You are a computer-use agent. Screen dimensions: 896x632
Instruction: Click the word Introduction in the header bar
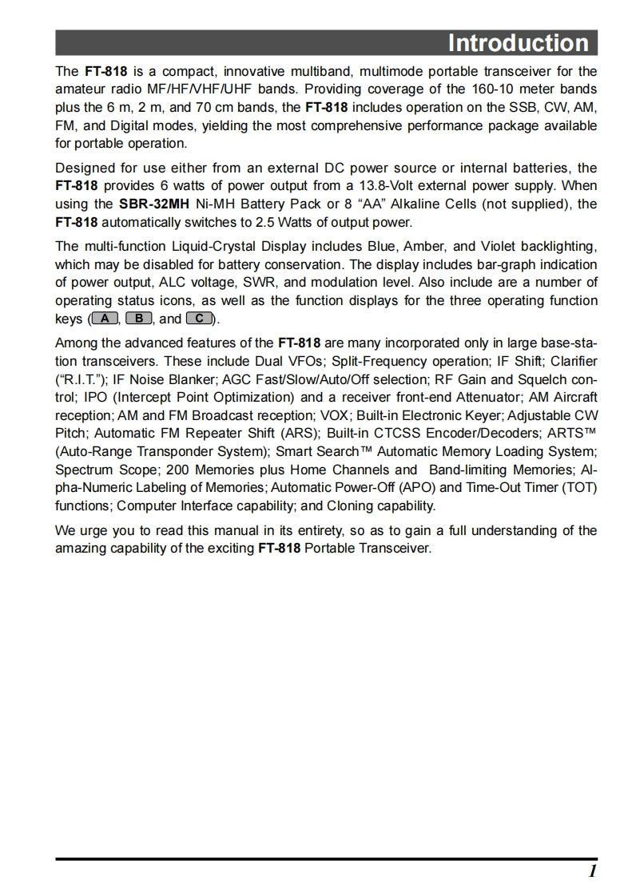click(x=518, y=42)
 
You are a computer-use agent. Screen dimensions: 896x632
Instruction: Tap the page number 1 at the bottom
click(x=592, y=870)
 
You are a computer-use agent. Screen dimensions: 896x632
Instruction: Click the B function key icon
click(x=139, y=319)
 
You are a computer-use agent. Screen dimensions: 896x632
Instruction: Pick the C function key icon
click(x=199, y=319)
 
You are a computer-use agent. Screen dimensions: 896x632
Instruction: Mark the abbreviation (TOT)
click(x=579, y=487)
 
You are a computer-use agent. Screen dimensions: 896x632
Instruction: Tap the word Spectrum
click(x=84, y=470)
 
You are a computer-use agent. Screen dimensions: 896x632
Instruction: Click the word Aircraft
click(x=570, y=397)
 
